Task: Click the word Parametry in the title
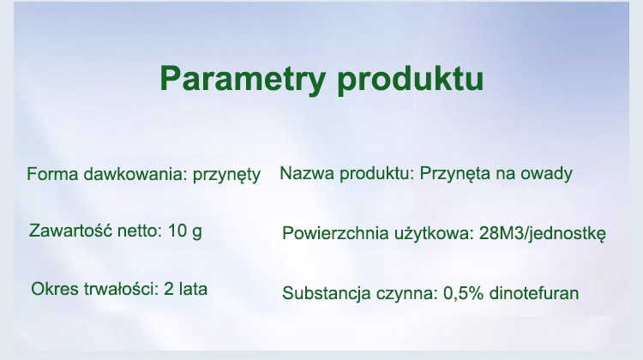(x=243, y=80)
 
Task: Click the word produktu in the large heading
(x=411, y=79)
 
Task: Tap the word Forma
(x=52, y=174)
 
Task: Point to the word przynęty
(x=227, y=176)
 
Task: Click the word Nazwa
(x=308, y=173)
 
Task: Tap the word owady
(x=546, y=174)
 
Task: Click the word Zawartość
(x=70, y=231)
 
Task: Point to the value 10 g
(x=185, y=231)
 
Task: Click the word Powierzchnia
(x=335, y=233)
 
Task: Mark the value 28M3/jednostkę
(x=542, y=234)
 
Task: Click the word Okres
(x=55, y=289)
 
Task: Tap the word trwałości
(x=121, y=289)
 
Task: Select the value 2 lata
(x=185, y=289)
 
